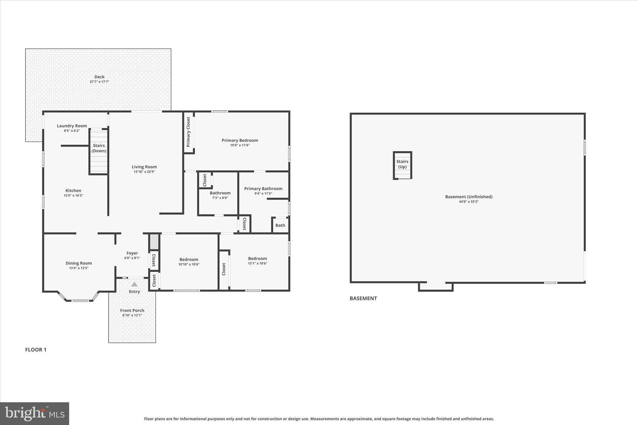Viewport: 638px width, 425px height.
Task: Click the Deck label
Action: (99, 77)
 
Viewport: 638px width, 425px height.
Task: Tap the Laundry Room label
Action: (72, 126)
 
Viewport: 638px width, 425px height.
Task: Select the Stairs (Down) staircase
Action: (99, 152)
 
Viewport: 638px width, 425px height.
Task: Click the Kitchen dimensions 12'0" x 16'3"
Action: (73, 196)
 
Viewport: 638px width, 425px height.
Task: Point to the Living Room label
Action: (144, 167)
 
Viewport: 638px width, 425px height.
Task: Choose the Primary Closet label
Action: (188, 132)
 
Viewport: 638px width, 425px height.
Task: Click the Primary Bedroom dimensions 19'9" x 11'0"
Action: (240, 145)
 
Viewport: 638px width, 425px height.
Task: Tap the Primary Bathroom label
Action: (263, 189)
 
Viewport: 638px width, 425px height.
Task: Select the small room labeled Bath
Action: (280, 225)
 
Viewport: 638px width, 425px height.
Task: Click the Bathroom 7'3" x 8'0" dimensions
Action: (220, 198)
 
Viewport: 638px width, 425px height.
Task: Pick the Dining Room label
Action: (79, 263)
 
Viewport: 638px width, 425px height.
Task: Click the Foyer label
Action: (132, 253)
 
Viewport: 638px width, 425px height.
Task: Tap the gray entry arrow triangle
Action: (134, 284)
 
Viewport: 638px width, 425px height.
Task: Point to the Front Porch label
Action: (132, 310)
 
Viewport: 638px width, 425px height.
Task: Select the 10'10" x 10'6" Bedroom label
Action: (189, 259)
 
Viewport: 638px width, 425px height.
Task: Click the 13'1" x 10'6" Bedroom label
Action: (257, 258)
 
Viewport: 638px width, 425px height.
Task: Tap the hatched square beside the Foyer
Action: (154, 242)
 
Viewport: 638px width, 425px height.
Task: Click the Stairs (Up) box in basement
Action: (402, 165)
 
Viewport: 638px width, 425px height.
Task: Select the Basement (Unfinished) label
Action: (469, 197)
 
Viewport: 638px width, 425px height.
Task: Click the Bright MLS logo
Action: (35, 413)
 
